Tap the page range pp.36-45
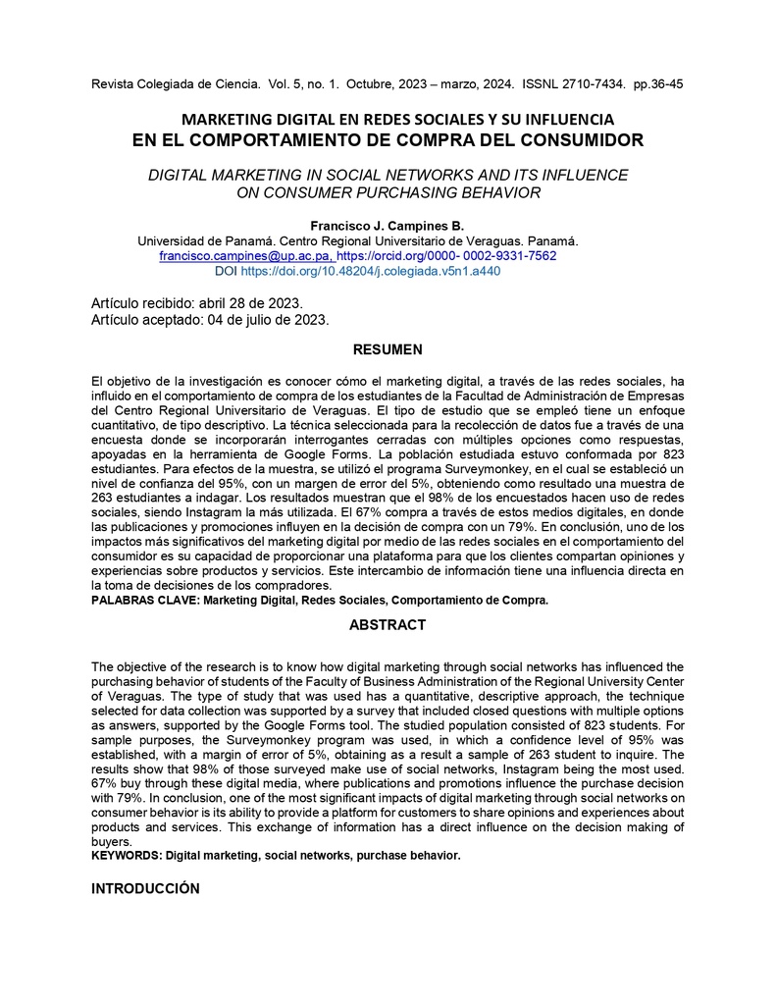(657, 84)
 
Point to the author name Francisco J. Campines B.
(388, 226)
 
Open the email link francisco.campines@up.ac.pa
(245, 255)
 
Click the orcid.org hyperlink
(446, 255)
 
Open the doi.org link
(370, 271)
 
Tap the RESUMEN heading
(388, 349)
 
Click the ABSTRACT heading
(388, 625)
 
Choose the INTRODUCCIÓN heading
(145, 888)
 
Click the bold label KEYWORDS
(126, 856)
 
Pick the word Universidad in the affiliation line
(172, 240)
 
